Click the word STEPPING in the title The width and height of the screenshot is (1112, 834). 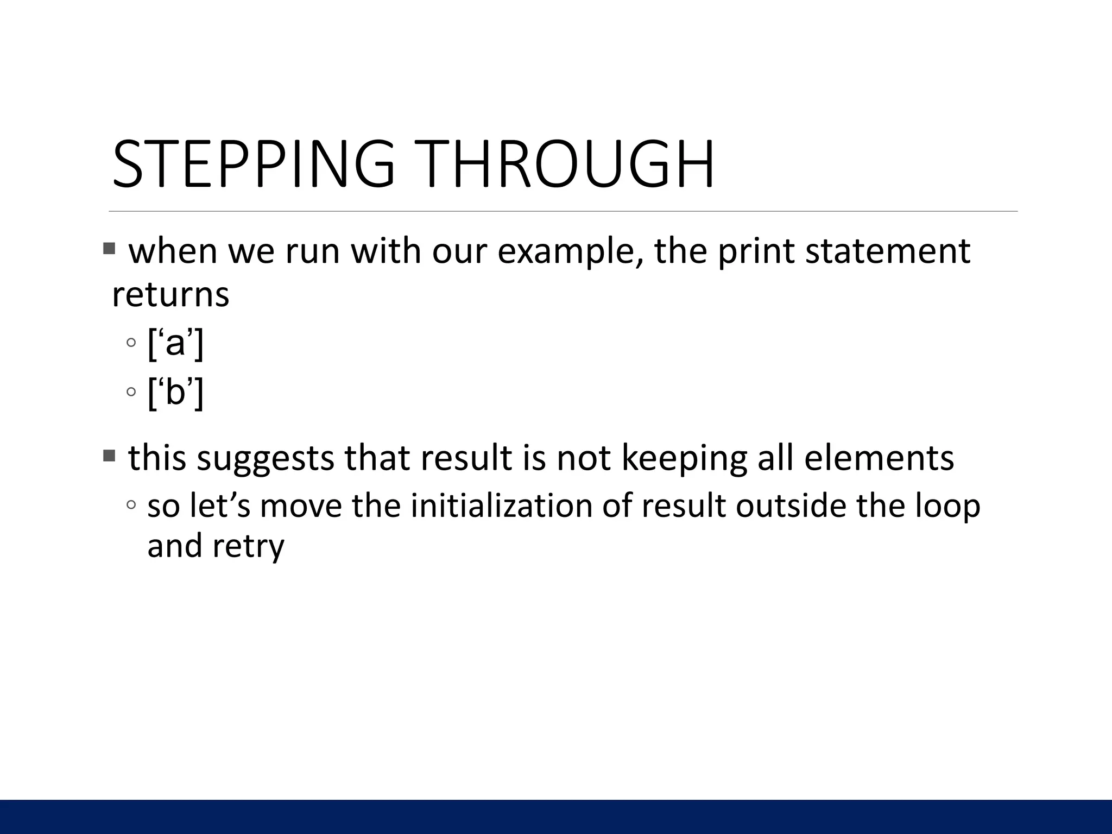click(x=253, y=164)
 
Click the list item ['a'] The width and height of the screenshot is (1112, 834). click(x=175, y=344)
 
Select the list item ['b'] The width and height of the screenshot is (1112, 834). click(x=175, y=393)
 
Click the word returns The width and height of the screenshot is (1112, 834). click(x=170, y=295)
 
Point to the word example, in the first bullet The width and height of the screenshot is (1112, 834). click(x=571, y=252)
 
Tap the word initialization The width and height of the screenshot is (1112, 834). click(x=501, y=506)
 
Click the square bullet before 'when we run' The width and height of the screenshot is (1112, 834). click(x=109, y=249)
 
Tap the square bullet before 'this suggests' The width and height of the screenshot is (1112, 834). click(x=109, y=456)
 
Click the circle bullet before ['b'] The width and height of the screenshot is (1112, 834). click(x=131, y=391)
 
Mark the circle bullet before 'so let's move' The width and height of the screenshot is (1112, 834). click(x=131, y=505)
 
